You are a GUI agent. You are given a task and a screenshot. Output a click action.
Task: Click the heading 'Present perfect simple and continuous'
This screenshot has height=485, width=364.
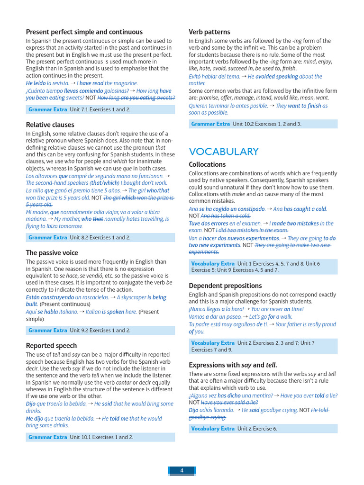(84, 32)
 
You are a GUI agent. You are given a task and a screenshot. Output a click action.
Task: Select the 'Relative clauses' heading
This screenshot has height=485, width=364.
(50, 125)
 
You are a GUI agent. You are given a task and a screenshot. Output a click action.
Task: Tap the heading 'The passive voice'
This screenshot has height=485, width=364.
(52, 253)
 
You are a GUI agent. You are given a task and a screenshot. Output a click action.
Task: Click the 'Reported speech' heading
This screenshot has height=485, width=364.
(51, 346)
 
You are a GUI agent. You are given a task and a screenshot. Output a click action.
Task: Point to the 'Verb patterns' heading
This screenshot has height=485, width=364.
(209, 32)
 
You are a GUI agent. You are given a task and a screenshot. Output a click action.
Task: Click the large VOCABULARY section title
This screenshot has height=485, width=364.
(224, 152)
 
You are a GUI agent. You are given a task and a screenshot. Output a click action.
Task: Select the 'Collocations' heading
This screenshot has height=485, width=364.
(207, 164)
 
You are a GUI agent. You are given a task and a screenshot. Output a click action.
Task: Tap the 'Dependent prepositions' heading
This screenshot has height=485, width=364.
(225, 286)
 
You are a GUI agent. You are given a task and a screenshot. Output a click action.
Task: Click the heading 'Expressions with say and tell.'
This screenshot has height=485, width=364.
(233, 365)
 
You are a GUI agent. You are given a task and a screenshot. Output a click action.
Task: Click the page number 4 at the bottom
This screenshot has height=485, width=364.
(182, 470)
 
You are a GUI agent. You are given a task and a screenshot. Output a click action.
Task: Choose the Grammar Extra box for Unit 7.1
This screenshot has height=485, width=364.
(100, 109)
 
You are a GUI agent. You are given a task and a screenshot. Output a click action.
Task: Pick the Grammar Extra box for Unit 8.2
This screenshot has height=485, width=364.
(100, 237)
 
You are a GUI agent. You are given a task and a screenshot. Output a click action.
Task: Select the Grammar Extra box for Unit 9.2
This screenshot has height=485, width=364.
(100, 330)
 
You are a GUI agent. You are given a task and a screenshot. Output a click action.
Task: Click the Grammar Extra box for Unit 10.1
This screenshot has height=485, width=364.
(100, 437)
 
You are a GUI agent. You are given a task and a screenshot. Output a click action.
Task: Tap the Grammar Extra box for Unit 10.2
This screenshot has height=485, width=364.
(263, 124)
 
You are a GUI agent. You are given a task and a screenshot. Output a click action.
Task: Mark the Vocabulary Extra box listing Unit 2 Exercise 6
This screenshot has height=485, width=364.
(263, 429)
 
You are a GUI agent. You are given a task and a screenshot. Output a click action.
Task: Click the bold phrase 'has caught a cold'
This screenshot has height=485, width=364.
(305, 209)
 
